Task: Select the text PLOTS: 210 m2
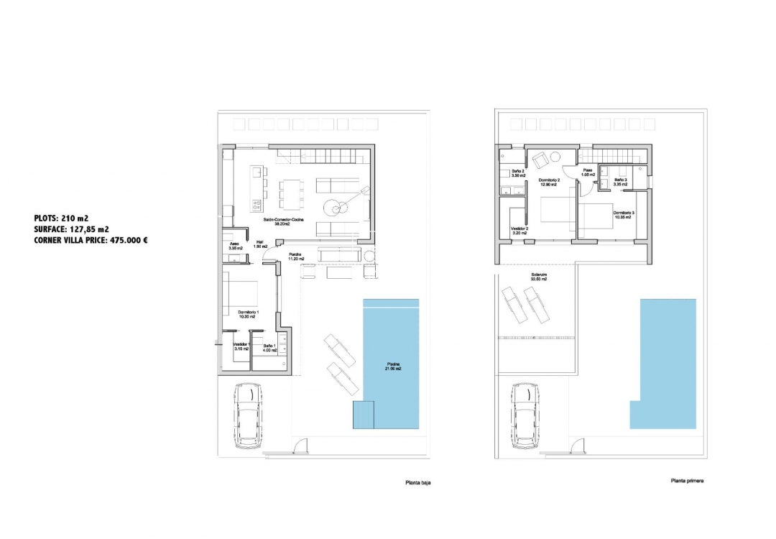(x=61, y=218)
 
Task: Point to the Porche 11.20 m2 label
(x=295, y=257)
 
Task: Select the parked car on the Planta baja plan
(x=247, y=415)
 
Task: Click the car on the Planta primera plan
(x=525, y=415)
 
